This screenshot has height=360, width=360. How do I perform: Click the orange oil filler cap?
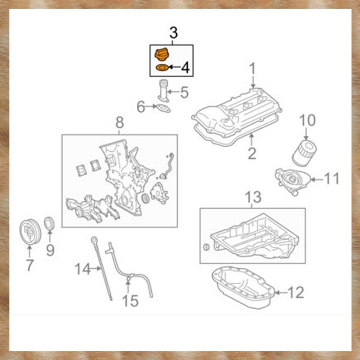click(x=161, y=54)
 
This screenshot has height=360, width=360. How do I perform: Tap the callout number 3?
click(x=174, y=33)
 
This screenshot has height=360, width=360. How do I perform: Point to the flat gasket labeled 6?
click(x=163, y=108)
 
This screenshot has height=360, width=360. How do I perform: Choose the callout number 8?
click(x=120, y=122)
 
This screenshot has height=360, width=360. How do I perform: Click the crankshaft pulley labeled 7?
click(x=29, y=232)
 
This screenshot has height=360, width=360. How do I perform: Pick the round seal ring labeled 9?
click(x=49, y=223)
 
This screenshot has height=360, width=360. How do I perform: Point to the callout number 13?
click(x=253, y=197)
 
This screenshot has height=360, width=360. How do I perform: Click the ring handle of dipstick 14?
click(x=94, y=240)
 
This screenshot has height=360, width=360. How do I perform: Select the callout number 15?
click(x=130, y=301)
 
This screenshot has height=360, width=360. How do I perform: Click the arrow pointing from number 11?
click(x=317, y=179)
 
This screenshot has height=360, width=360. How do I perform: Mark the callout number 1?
click(x=252, y=68)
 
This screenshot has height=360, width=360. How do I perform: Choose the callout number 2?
click(x=252, y=153)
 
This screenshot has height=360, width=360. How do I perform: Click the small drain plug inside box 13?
click(x=206, y=247)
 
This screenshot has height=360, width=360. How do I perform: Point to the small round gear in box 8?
click(x=145, y=198)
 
